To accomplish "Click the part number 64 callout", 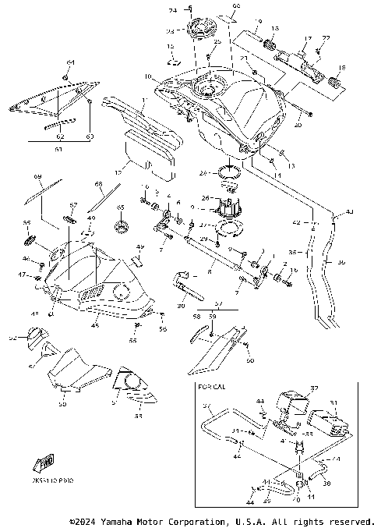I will [70, 62].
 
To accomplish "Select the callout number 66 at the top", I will [215, 6].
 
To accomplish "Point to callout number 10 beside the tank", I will [148, 76].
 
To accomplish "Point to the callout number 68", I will [99, 185].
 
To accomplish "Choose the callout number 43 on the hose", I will [348, 212].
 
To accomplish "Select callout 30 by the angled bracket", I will [181, 306].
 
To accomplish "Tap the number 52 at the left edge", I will [12, 338].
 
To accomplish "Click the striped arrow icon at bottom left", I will [40, 464].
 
